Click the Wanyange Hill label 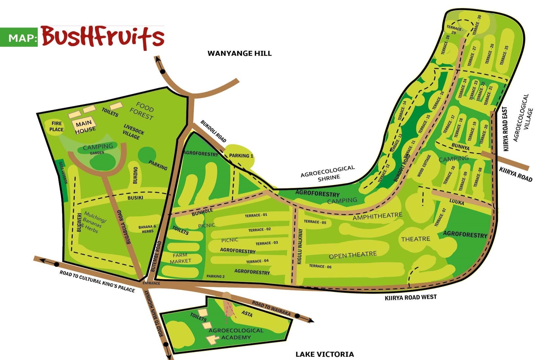(240, 53)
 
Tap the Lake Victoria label (325, 354)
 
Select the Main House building (84, 126)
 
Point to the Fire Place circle (56, 127)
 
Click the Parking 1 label (241, 155)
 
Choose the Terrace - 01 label (256, 215)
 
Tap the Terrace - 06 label (320, 266)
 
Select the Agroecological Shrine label (328, 173)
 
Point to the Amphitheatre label (377, 216)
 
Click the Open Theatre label (353, 255)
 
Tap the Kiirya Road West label (410, 297)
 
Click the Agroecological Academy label (236, 334)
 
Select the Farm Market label (180, 258)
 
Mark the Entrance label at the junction (151, 283)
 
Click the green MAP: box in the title (19, 37)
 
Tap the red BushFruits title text (102, 37)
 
